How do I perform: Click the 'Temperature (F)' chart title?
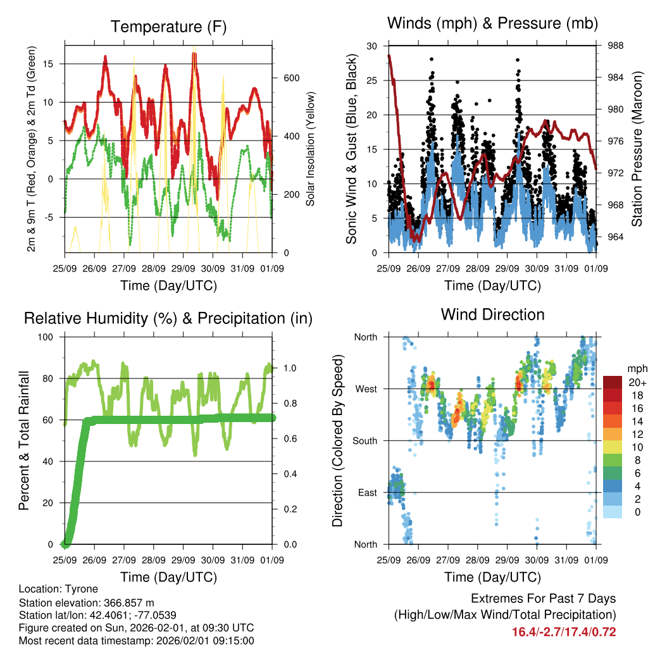[x=168, y=27]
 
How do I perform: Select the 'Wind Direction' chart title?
[x=492, y=315]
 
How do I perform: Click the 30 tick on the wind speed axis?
[x=372, y=46]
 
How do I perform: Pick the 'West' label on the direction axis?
[x=365, y=389]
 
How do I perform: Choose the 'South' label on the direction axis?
[x=363, y=441]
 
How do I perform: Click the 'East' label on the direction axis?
[x=366, y=493]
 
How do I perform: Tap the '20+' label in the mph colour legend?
[x=637, y=382]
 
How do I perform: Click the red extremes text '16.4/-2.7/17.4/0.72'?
[x=564, y=632]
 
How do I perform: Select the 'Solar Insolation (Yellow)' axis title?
[x=311, y=149]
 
